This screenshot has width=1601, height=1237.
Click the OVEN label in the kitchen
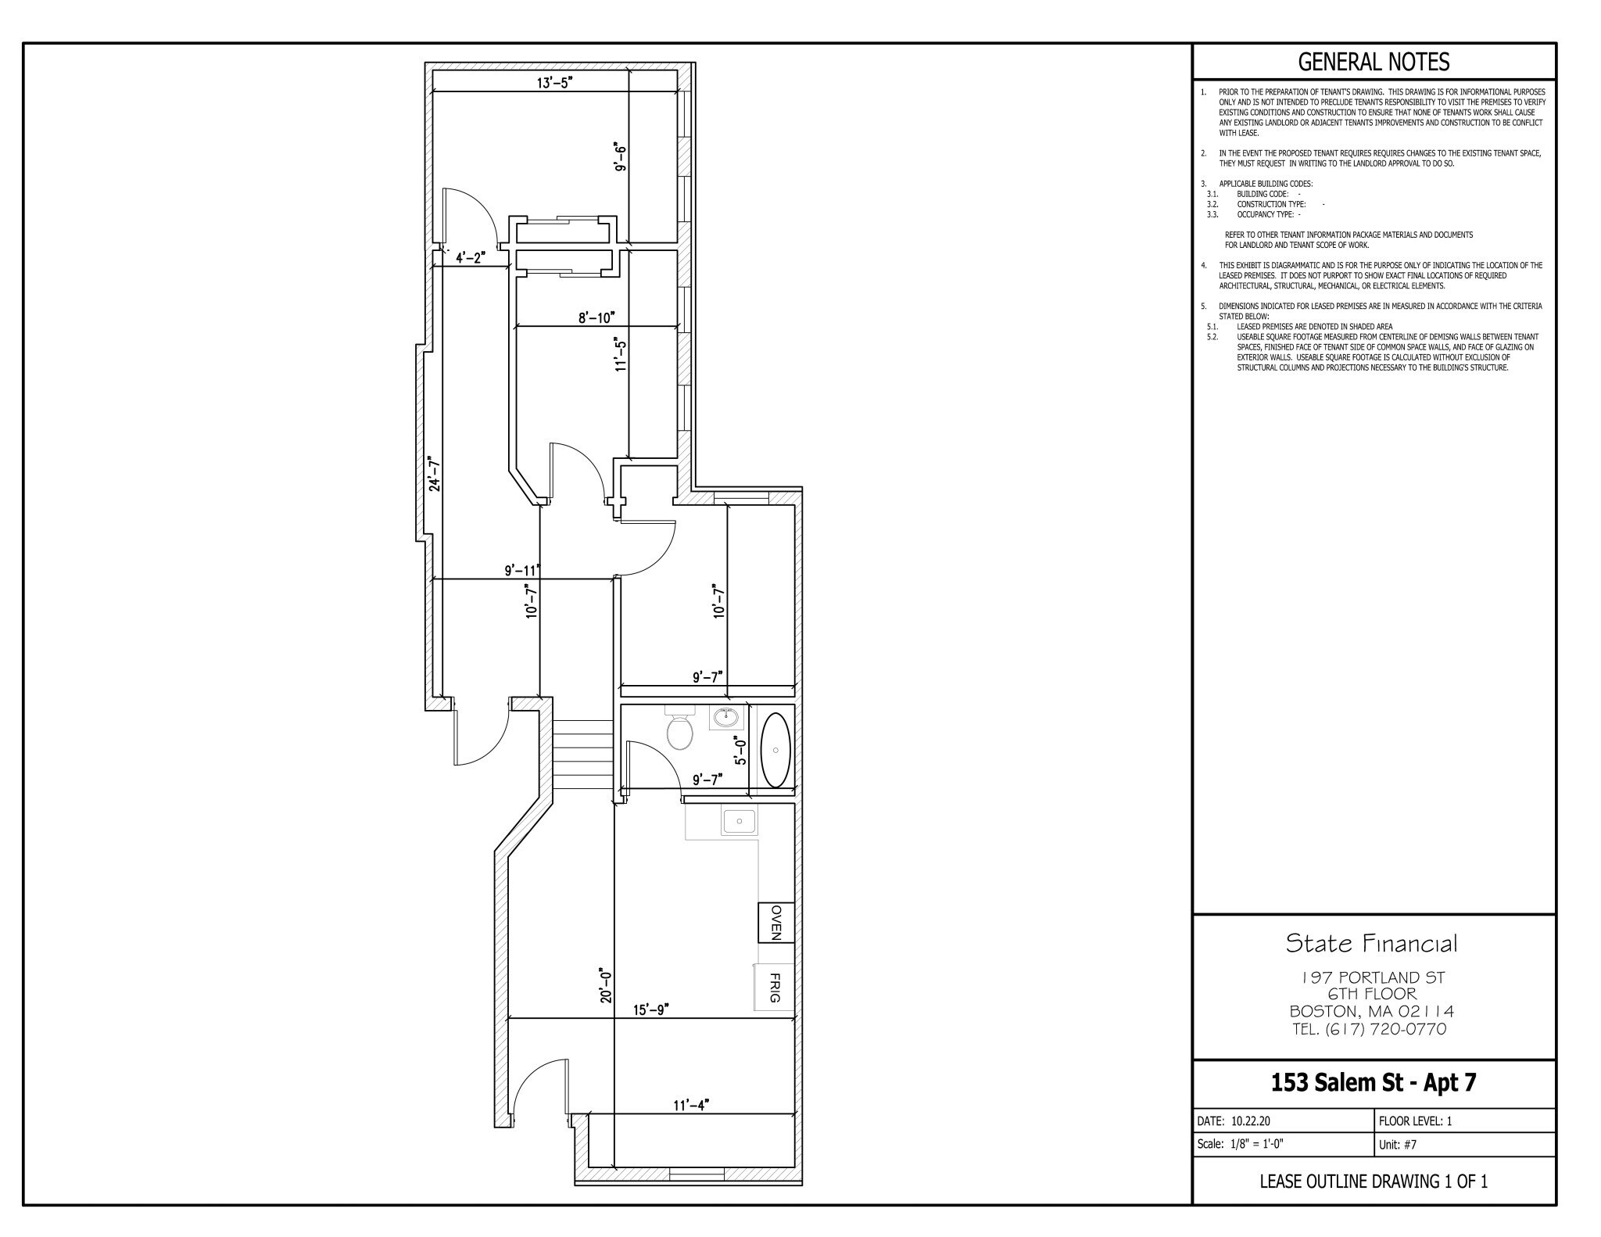(x=776, y=923)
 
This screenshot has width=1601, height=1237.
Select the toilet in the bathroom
(x=679, y=728)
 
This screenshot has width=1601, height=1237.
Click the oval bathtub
(x=775, y=750)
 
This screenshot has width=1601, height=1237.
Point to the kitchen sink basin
(x=739, y=822)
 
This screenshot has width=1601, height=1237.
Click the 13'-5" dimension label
(x=555, y=83)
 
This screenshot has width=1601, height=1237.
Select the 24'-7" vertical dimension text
(x=435, y=474)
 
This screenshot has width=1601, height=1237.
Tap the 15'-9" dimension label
(x=651, y=1009)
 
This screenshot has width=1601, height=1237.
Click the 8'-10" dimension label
(x=596, y=317)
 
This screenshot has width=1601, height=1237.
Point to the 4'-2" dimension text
(x=471, y=257)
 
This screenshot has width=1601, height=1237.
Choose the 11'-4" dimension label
(x=690, y=1105)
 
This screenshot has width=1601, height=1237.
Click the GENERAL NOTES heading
(x=1374, y=61)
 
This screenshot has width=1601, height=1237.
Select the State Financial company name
(x=1372, y=944)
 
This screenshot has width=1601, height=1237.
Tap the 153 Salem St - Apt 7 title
(x=1374, y=1083)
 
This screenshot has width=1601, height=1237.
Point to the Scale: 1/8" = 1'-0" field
(x=1241, y=1144)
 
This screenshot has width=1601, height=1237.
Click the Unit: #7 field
(x=1398, y=1145)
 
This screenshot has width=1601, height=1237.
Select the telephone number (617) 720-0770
(x=1385, y=1029)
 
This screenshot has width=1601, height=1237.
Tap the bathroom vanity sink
(x=727, y=717)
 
